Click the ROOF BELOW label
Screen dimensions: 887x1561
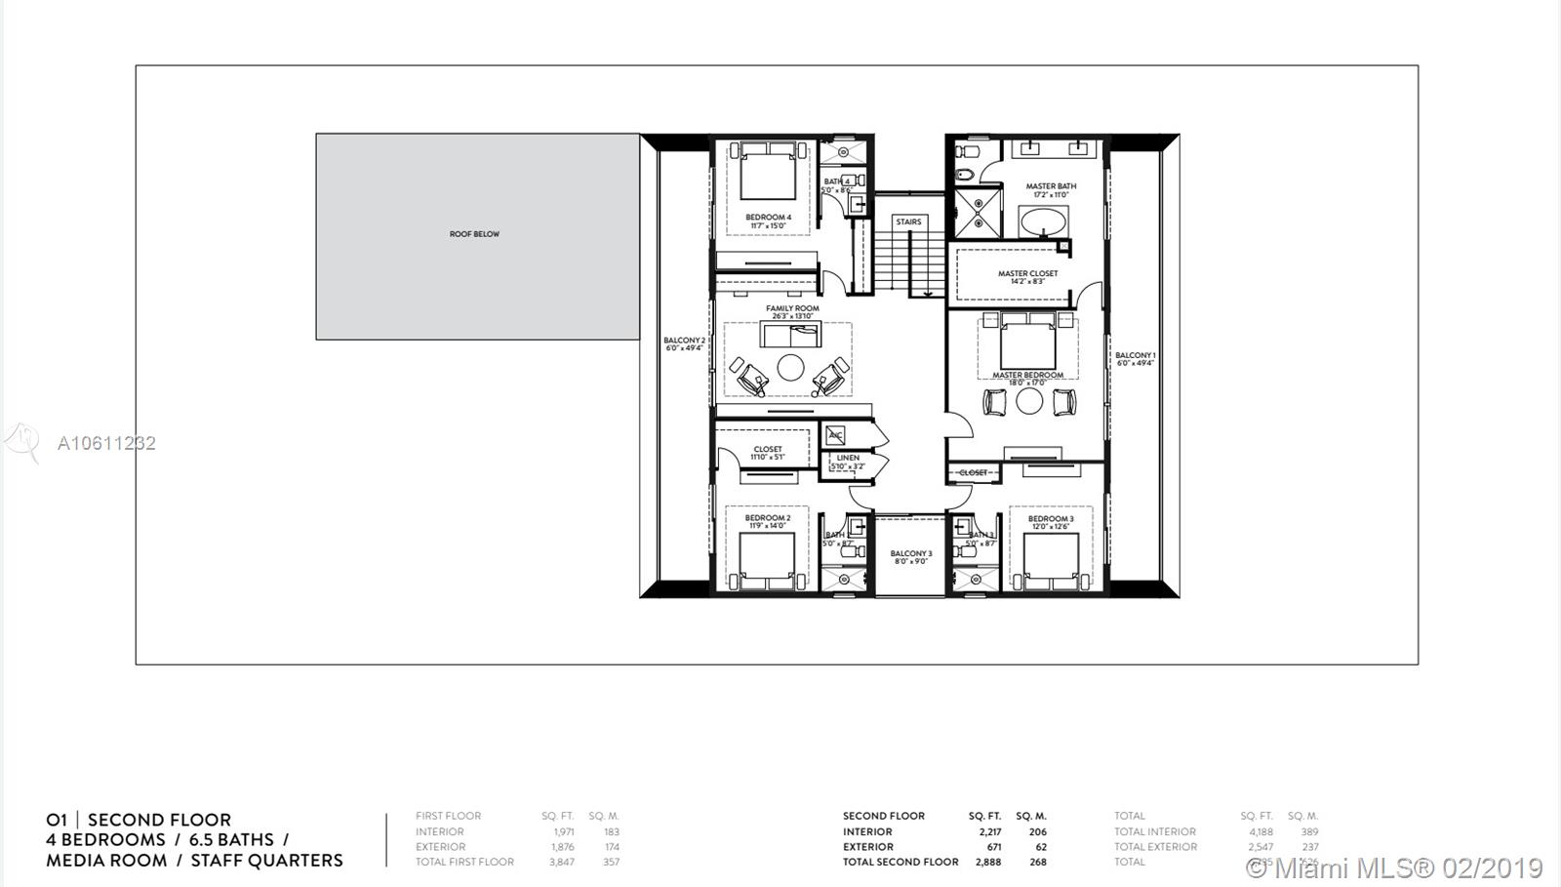[474, 234]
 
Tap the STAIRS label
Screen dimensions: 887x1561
[908, 222]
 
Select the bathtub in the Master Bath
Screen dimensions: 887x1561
[1045, 222]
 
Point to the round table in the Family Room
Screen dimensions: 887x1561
[790, 368]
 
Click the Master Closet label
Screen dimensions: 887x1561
[1027, 274]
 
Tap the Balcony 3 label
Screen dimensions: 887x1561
[910, 554]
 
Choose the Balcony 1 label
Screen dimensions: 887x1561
[1135, 356]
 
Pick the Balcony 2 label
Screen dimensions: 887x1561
[684, 341]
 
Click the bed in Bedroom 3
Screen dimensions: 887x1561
[1051, 565]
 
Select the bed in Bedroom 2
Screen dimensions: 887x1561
[767, 565]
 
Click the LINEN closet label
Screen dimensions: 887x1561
[848, 458]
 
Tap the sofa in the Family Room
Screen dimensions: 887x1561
[793, 335]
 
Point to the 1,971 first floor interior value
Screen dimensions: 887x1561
[562, 832]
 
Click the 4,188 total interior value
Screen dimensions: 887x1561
[1261, 832]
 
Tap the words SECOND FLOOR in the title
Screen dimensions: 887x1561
[159, 821]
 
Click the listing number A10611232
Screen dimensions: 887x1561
[106, 443]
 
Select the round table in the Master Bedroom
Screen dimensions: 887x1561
[1029, 400]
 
